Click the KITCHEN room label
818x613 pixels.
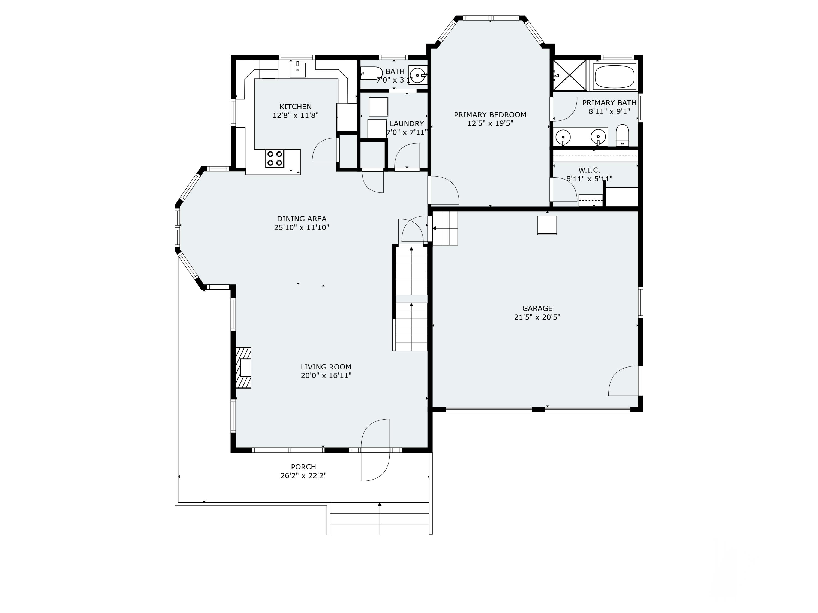[296, 107]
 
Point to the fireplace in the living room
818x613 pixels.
[243, 368]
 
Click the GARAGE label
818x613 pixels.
[537, 308]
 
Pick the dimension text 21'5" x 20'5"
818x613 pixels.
[537, 317]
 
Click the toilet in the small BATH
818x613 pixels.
[371, 73]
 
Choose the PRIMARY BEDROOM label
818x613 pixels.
[490, 115]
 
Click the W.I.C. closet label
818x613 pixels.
[589, 170]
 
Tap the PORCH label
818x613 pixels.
[303, 467]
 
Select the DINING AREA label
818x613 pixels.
[302, 219]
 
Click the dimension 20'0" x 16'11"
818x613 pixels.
[326, 376]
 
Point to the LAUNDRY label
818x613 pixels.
[407, 124]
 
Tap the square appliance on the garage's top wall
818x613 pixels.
[547, 225]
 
